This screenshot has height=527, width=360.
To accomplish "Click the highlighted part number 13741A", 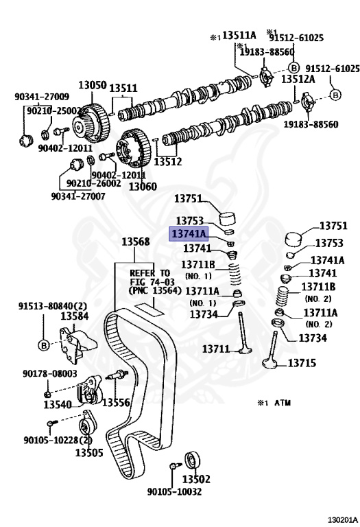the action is coord(189,233).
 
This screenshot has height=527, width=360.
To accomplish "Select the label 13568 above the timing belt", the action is coord(135,242).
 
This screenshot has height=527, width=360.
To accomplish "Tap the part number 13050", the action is coord(93,85).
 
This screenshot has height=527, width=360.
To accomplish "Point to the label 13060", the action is coord(143,186).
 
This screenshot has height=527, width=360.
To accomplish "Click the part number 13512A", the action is coord(298,79).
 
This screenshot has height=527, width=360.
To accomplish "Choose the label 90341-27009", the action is coord(42,97).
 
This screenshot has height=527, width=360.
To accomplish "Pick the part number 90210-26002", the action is coord(94,183).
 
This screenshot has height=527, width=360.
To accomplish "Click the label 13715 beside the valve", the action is coord(302,363).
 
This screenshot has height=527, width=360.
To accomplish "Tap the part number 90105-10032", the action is coord(174,492).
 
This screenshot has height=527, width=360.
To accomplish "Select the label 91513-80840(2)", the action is coord(52,306).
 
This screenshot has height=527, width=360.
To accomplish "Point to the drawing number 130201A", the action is coord(343,520).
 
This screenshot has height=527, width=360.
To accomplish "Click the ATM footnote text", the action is coord(274,403).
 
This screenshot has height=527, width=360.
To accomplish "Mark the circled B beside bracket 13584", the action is coord(44,345).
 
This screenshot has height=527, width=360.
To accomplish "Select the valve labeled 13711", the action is coord(244,333).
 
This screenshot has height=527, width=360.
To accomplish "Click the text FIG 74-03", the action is coord(152,281).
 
